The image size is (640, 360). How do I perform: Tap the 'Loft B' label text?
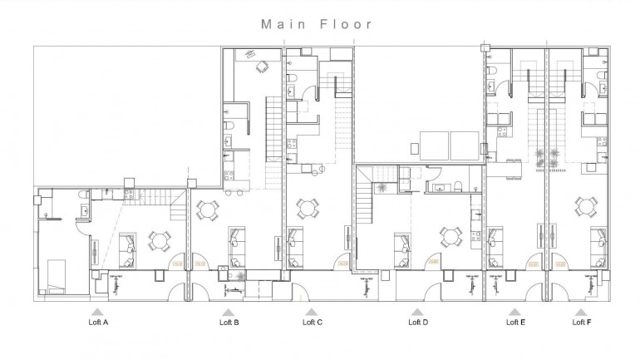[229, 322]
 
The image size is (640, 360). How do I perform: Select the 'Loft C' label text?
[312, 322]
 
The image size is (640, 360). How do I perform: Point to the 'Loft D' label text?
[419, 322]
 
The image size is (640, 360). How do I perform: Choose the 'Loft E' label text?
[515, 322]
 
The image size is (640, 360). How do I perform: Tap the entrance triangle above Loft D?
[419, 311]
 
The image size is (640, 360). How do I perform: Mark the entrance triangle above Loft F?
[583, 311]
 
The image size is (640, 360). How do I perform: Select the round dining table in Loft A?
[159, 242]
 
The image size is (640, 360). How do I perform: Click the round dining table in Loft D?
[451, 237]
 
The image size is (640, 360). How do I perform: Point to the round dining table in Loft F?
[586, 205]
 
